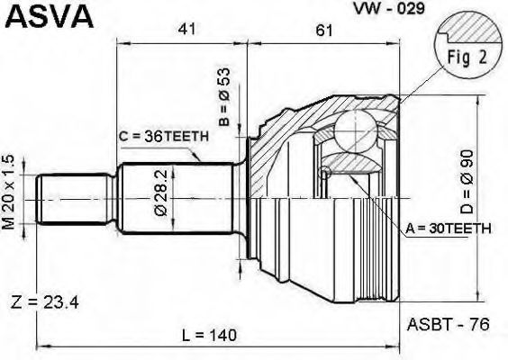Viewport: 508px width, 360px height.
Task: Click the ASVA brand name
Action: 50,17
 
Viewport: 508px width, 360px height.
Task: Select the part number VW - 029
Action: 389,8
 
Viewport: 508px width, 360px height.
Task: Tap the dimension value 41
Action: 187,30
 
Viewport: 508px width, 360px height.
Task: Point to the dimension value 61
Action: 324,31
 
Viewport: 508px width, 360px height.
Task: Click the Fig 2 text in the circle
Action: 467,58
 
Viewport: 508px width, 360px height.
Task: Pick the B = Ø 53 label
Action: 224,96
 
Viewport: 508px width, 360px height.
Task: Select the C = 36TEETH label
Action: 163,137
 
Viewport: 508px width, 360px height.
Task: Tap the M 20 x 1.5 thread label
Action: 9,193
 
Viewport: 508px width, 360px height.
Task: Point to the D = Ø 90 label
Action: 467,182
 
